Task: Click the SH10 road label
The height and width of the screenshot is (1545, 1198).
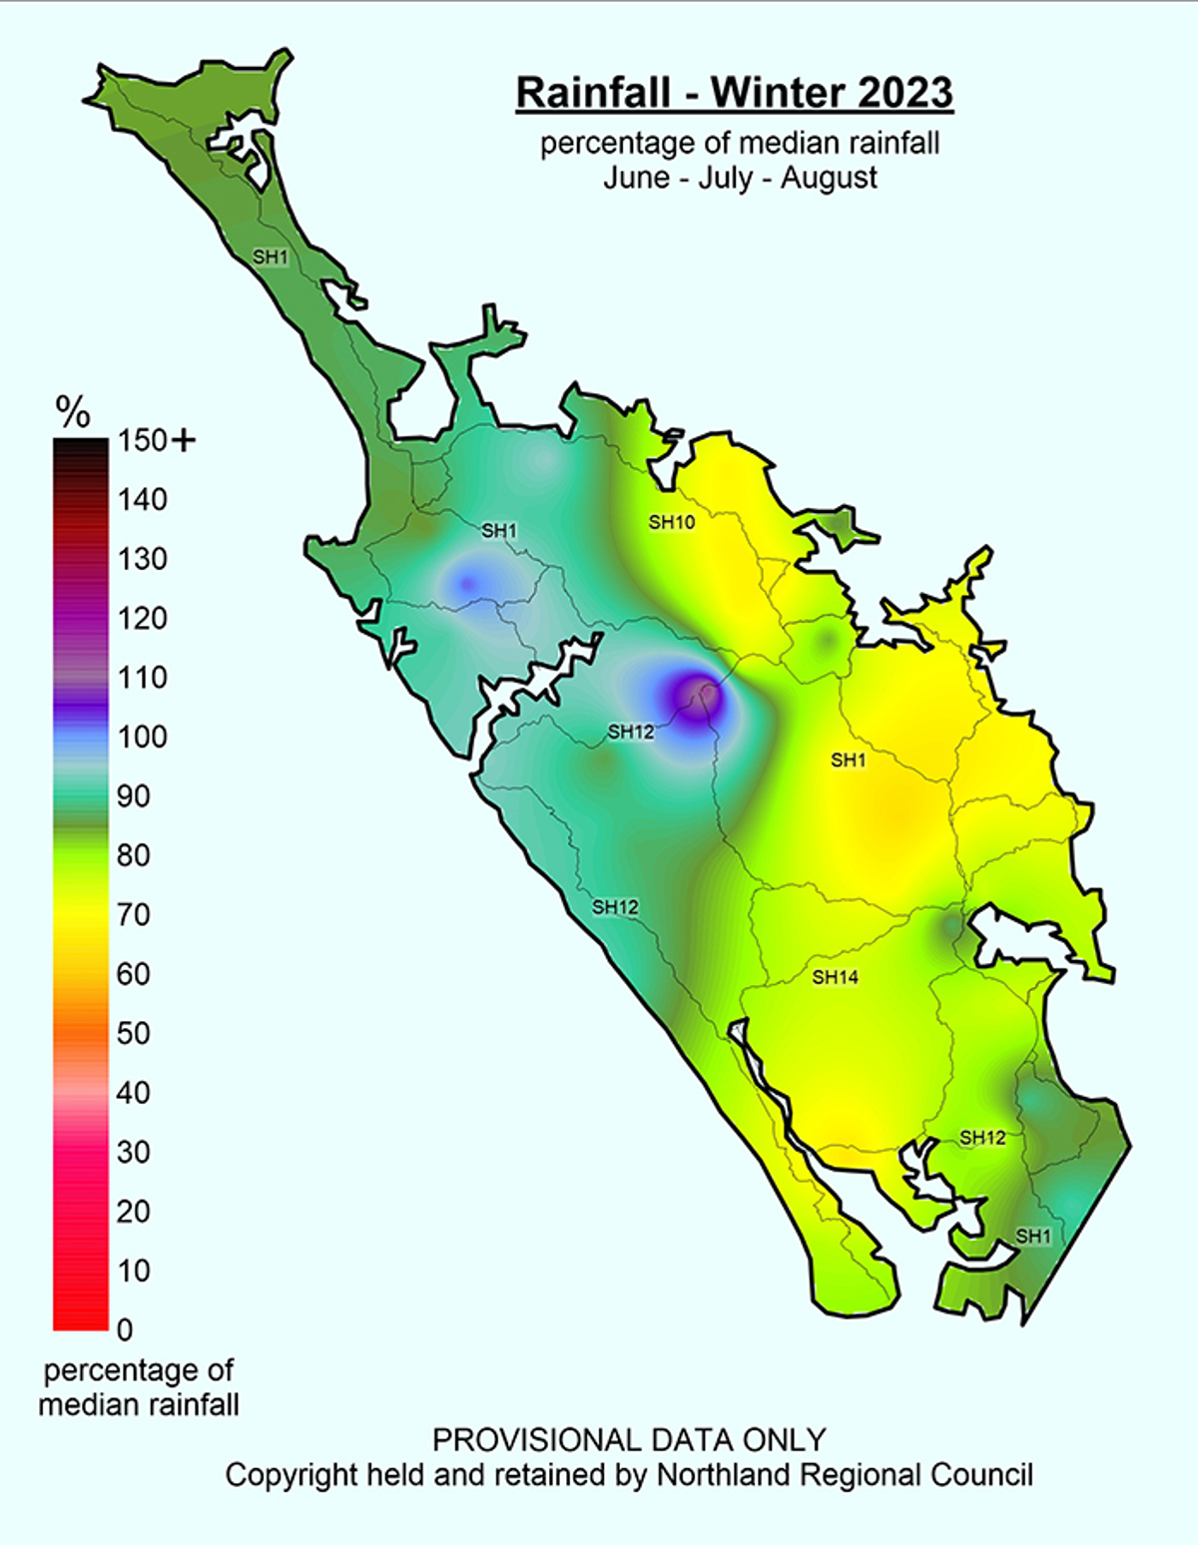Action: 671,522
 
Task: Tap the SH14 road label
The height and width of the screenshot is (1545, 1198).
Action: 835,977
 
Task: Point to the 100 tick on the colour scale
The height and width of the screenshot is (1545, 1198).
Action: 142,738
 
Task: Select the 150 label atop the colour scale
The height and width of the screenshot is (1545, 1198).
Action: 142,440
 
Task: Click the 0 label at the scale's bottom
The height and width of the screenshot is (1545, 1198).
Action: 124,1330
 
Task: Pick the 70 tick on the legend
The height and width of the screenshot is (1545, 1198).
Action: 133,915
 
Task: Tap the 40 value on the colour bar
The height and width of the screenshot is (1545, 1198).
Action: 133,1093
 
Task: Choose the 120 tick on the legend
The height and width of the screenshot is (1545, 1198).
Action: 142,619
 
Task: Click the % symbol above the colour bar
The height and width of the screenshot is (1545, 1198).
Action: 73,411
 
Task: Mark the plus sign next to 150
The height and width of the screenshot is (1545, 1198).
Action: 185,440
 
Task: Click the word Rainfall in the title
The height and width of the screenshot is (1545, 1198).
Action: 593,93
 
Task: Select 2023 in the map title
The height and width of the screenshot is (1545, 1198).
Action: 905,93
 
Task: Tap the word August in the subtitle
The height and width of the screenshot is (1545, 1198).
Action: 829,179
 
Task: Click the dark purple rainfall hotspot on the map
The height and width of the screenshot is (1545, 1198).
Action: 697,692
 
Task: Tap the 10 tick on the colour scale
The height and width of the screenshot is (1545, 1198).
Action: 133,1272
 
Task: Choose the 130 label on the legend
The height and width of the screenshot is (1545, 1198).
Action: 142,559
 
